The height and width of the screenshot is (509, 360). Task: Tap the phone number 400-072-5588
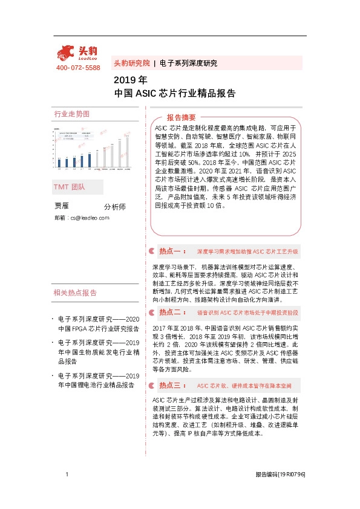pos(78,68)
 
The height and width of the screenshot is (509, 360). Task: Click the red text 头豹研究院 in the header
pos(131,63)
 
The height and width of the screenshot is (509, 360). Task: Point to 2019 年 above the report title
pos(130,80)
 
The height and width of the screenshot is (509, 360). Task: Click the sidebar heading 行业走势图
pos(71,114)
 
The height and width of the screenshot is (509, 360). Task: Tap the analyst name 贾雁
pos(62,206)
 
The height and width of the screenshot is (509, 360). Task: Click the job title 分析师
pos(115,207)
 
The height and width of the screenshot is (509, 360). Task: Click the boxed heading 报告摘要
pos(182,117)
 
